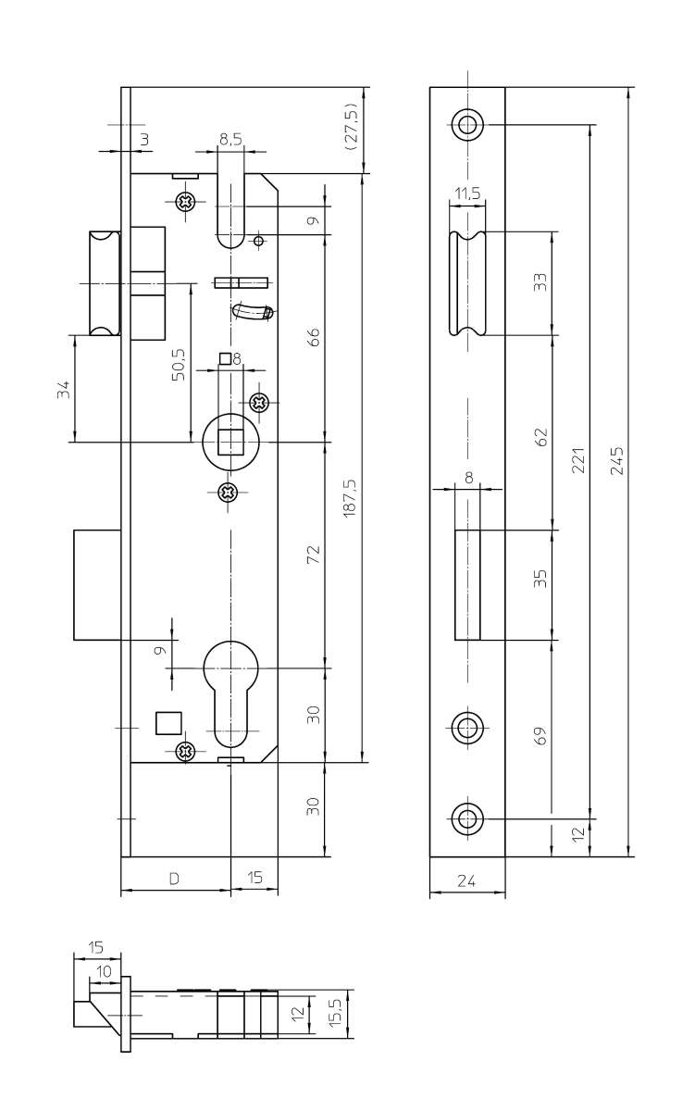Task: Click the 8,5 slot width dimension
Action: coord(230,140)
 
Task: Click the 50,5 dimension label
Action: coord(179,364)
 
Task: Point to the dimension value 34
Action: coord(63,389)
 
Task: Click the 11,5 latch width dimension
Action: coord(466,193)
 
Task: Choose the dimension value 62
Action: coord(541,435)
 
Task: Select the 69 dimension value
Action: coord(541,736)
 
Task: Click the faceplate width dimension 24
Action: coord(466,882)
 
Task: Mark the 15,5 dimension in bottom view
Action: coord(335,1012)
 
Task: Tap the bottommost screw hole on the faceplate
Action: coord(467,818)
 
